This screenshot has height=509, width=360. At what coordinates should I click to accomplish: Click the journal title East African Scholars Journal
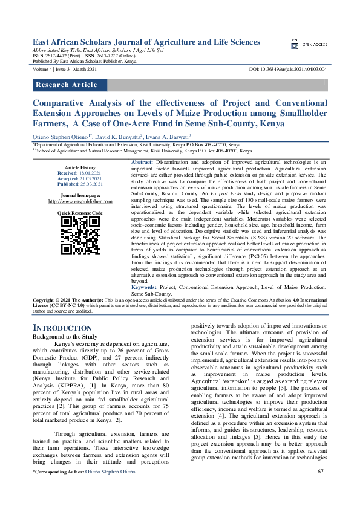(x=146, y=42)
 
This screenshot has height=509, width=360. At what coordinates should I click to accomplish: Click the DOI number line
(x=288, y=70)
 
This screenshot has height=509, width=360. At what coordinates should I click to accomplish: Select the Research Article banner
(x=67, y=85)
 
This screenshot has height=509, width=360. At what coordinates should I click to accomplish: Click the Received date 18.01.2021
(x=89, y=172)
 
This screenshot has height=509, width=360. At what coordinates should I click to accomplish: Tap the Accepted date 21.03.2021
(x=90, y=178)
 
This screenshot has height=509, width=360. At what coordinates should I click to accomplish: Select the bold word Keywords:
(x=146, y=287)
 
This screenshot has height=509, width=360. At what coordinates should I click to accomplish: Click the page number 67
(x=321, y=488)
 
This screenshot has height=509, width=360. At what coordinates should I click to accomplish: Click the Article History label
(x=80, y=167)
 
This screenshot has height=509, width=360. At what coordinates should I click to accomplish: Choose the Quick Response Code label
(x=80, y=213)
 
